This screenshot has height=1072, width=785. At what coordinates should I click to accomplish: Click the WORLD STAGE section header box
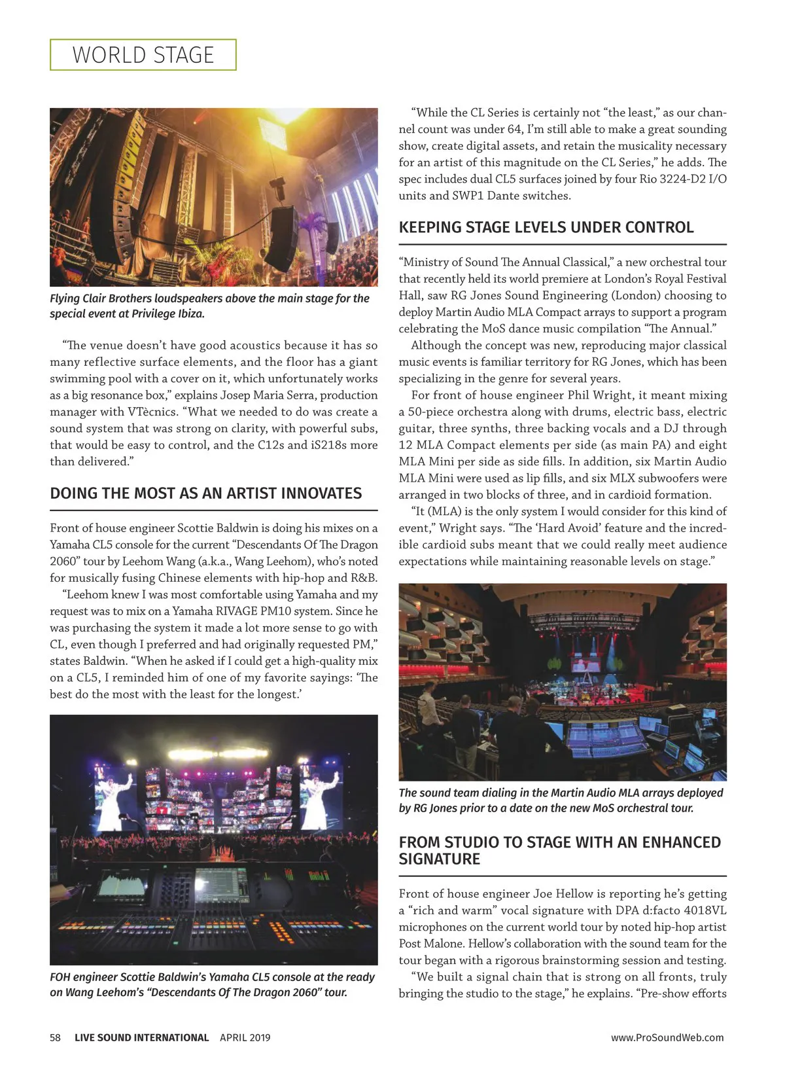143,55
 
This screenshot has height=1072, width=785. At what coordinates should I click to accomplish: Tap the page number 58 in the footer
55,1037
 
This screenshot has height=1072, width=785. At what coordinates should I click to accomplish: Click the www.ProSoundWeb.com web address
667,1037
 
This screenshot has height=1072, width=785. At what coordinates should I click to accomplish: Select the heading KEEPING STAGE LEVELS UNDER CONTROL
546,227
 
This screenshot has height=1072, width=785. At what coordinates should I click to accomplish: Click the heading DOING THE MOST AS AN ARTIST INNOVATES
205,493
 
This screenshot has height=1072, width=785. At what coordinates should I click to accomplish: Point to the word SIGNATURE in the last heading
439,859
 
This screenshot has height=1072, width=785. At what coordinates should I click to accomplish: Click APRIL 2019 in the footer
245,1037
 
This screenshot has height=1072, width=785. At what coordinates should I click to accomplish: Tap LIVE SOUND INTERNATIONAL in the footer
141,1037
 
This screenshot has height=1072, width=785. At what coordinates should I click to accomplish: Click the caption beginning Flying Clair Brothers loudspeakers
209,306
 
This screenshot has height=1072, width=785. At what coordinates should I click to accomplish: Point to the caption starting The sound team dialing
561,800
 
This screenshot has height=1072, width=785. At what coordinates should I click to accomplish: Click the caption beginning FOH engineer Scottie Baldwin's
212,984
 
